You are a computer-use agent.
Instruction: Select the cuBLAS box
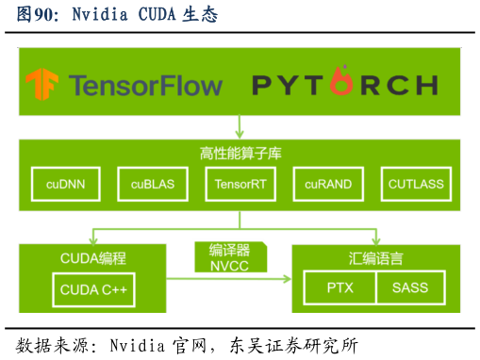[x=152, y=184]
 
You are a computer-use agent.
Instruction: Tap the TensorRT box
[x=240, y=184]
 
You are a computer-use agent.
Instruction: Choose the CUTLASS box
[x=416, y=184]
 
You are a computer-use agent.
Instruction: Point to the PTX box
[x=339, y=287]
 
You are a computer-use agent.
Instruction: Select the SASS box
[x=410, y=287]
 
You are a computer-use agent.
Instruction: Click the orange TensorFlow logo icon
[x=42, y=85]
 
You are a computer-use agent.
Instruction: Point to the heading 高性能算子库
[x=240, y=153]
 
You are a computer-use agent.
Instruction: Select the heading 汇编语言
[x=376, y=257]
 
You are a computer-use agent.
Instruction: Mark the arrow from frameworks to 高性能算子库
[x=240, y=126]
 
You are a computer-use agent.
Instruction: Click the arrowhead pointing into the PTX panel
[x=287, y=279]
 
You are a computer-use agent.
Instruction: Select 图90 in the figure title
[x=35, y=16]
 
